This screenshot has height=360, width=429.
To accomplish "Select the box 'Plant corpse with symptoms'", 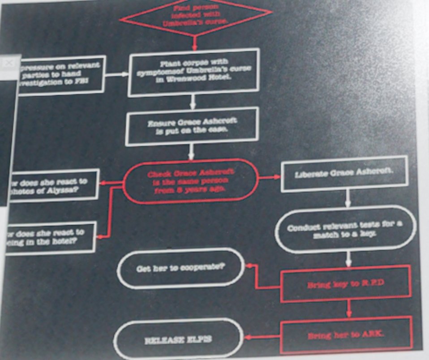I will [194, 72].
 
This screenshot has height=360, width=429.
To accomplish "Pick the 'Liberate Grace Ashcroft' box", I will [344, 173].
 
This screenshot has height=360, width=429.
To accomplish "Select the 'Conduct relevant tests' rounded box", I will [345, 229].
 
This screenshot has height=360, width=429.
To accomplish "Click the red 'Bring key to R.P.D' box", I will [346, 284].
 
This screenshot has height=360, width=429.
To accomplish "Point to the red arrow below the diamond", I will [195, 43].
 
